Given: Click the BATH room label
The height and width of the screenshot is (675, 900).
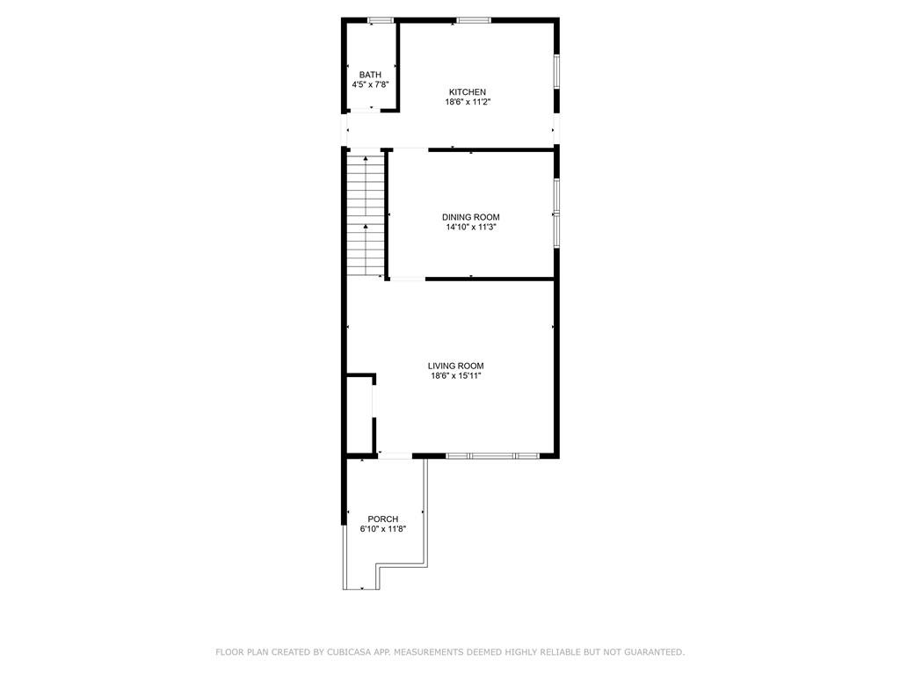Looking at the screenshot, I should tap(370, 75).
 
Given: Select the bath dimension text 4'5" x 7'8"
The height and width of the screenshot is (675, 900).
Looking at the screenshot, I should tap(370, 85).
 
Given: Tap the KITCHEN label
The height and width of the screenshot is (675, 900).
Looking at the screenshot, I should tap(467, 92).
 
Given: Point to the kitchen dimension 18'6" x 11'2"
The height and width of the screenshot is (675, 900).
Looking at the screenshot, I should tap(467, 102).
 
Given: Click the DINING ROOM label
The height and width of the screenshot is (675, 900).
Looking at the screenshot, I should tap(470, 217).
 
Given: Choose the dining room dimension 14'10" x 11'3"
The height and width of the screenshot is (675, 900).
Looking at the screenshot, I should tap(470, 227).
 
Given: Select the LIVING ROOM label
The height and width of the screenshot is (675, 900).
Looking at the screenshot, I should tap(455, 367).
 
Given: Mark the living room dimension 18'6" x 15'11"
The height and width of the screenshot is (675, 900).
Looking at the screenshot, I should tap(455, 376).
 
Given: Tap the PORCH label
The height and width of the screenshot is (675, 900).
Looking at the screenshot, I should tap(382, 519).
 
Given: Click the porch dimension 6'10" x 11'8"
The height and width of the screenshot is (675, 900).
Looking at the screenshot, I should tap(382, 529).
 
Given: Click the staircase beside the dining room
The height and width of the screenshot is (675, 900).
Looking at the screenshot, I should tap(365, 215).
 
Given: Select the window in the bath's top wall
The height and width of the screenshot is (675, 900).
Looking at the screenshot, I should tap(380, 19).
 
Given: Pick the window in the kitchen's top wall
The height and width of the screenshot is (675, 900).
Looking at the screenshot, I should tap(474, 19).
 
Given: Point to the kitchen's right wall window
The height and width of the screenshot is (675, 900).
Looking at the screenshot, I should tap(556, 72).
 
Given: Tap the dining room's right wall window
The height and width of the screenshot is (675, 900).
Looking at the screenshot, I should tap(556, 213).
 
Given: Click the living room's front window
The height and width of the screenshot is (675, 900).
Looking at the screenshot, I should tap(492, 456).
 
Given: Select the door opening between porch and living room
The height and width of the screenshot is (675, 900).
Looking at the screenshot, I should tap(396, 455).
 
